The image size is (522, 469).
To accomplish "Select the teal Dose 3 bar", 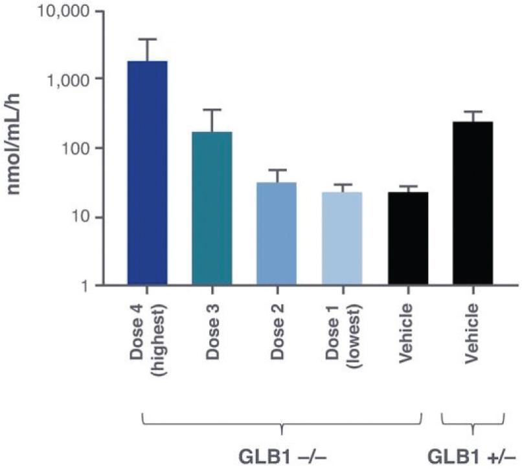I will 212,208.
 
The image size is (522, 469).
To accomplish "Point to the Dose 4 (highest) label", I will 148,333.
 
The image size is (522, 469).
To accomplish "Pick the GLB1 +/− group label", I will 474,453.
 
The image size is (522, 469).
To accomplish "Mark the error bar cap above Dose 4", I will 148,39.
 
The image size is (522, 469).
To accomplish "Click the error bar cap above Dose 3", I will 212,109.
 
